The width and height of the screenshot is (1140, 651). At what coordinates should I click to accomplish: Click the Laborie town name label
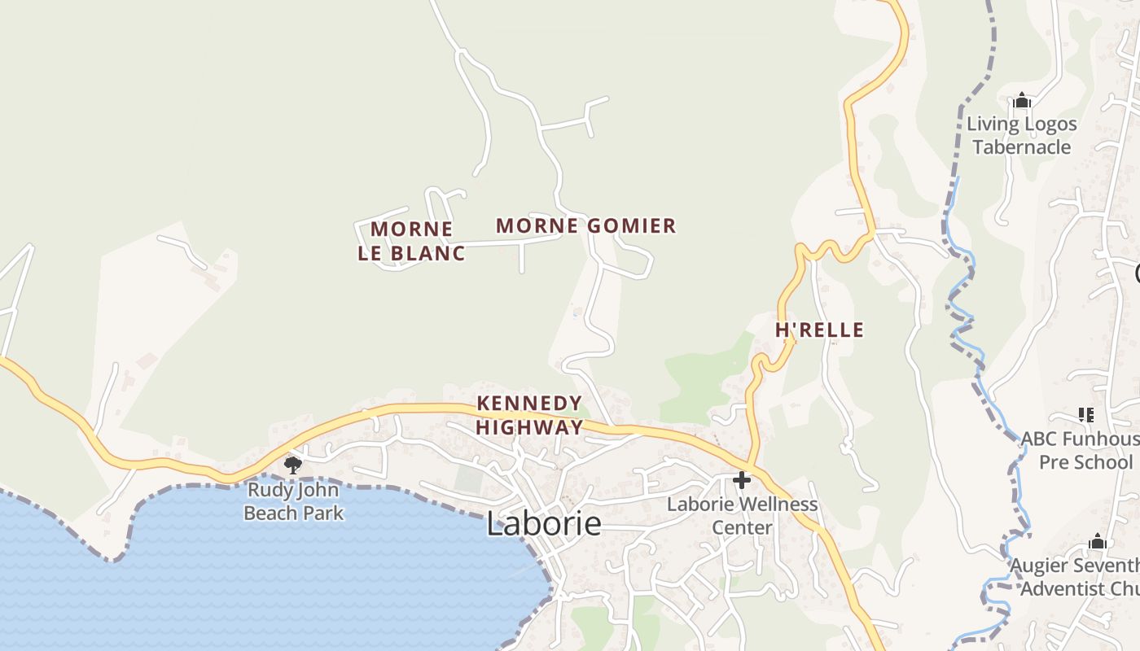pos(544,524)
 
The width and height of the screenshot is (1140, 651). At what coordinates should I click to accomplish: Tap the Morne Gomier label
pos(586,225)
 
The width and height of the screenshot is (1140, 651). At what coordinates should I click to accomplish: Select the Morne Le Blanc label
pos(411,241)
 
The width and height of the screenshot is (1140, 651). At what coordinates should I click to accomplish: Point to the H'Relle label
pos(819,330)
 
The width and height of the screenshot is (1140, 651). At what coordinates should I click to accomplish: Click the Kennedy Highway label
pos(529,415)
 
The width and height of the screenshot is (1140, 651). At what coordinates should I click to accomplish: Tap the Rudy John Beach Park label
pos(294,501)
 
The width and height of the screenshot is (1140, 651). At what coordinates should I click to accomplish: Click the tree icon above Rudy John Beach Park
pos(292,465)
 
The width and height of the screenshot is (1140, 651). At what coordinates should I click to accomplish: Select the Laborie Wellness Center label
pos(742,516)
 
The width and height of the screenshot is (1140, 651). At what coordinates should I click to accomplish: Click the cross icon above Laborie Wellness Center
pos(742,480)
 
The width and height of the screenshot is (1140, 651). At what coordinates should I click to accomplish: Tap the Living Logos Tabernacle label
pos(1022,136)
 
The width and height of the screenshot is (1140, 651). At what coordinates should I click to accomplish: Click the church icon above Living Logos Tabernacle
pos(1022,101)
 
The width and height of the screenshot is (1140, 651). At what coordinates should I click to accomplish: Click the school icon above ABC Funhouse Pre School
pos(1085,415)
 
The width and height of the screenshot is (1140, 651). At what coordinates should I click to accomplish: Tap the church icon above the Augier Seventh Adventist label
pos(1098,542)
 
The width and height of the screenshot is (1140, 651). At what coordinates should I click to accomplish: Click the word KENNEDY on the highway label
pos(529,403)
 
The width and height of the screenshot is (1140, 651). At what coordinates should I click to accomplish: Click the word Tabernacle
pos(1022,147)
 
